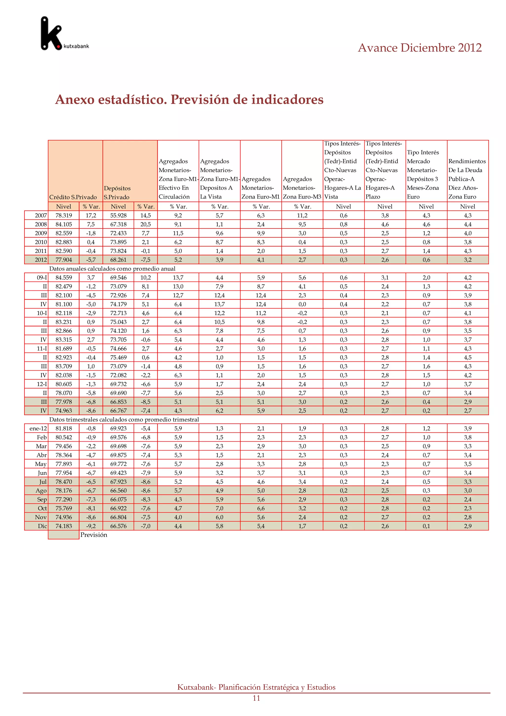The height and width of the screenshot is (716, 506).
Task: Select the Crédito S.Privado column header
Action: pyautogui.click(x=73, y=197)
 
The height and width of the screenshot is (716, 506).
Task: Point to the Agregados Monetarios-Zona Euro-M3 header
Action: pyautogui.click(x=302, y=188)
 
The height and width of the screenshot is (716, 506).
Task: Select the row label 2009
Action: pyautogui.click(x=41, y=233)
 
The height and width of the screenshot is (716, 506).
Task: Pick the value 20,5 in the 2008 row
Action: pyautogui.click(x=146, y=224)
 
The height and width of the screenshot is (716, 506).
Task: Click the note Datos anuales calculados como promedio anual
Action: pyautogui.click(x=112, y=268)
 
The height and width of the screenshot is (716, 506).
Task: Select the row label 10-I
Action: pyautogui.click(x=42, y=313)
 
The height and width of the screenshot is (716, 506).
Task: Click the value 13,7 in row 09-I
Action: pyautogui.click(x=178, y=278)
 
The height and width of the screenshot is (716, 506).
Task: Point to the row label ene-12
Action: pyautogui.click(x=38, y=428)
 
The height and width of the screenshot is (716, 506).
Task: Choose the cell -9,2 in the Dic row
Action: pyautogui.click(x=91, y=526)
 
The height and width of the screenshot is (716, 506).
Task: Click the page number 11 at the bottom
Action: pyautogui.click(x=256, y=698)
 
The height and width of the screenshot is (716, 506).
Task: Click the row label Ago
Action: pyautogui.click(x=41, y=491)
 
